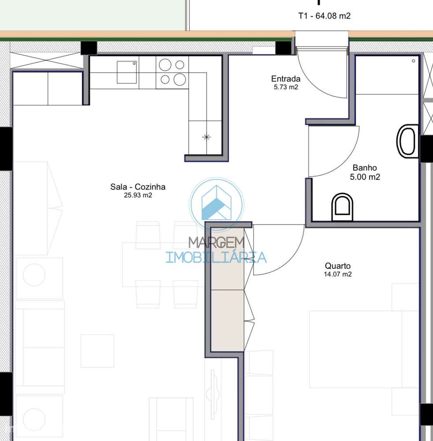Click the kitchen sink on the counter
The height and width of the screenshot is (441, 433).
pos(127,72)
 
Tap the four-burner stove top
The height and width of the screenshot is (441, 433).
pos(172,72)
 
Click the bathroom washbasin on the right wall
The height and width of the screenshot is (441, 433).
pos(408,141)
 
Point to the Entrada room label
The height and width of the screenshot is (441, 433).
pos(286,79)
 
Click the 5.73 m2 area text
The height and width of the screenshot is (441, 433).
pos(286,87)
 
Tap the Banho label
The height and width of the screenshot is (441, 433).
pos(365,168)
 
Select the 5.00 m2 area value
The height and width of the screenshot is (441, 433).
pos(365,177)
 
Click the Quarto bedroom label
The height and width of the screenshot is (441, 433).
pos(338,266)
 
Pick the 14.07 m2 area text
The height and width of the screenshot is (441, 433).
pos(338,274)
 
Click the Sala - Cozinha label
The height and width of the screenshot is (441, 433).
pos(138,187)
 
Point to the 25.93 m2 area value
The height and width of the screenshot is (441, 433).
pos(138,195)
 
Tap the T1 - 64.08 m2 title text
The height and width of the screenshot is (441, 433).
pos(325,16)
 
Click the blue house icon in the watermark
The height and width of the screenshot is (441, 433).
pos(216,204)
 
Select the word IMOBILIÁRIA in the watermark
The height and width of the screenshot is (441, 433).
pos(216,257)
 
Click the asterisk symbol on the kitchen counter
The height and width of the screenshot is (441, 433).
pos(206,137)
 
